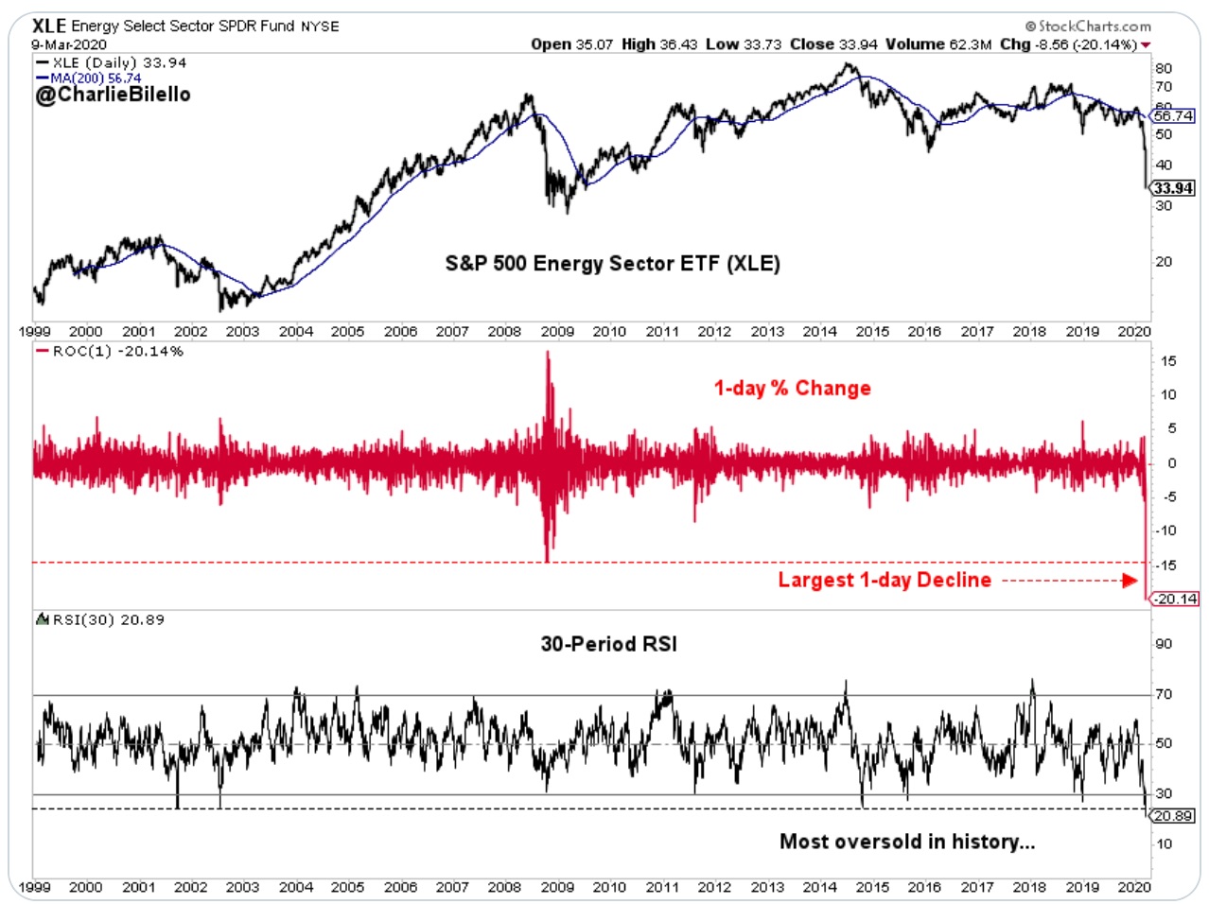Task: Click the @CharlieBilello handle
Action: [x=113, y=95]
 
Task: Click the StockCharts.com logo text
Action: [x=1088, y=26]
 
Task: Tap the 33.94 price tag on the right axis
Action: [x=1173, y=188]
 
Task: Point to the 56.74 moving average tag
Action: [x=1173, y=116]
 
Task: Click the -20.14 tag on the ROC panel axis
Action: [x=1174, y=599]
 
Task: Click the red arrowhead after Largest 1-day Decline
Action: [x=1130, y=581]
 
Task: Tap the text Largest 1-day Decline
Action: [x=885, y=581]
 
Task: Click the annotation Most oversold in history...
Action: [x=906, y=842]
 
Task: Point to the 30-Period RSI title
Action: [x=608, y=644]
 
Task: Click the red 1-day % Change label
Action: [x=792, y=389]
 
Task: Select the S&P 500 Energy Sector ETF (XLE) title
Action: [x=612, y=264]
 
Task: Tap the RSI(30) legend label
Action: [x=107, y=620]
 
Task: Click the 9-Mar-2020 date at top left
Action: [x=68, y=44]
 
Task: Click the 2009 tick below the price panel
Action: [x=557, y=332]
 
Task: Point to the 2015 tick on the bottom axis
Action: [x=872, y=887]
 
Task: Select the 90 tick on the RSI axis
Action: [x=1163, y=644]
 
